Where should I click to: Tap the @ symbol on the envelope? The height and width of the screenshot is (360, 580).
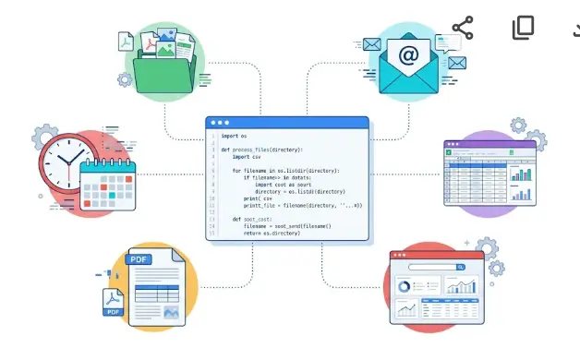click(x=407, y=56)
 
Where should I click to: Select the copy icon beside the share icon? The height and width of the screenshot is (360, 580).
click(x=524, y=28)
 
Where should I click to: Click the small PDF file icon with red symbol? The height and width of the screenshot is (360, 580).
click(x=115, y=302)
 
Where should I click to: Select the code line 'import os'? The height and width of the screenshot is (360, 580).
click(x=234, y=137)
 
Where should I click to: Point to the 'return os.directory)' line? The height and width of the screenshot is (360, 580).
click(x=272, y=234)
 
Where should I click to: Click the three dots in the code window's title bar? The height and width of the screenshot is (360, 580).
click(x=220, y=122)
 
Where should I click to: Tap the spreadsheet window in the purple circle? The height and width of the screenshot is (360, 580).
click(x=489, y=173)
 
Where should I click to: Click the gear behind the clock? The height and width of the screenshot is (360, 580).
click(x=45, y=138)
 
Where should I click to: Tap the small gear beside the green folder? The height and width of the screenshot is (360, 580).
click(x=125, y=79)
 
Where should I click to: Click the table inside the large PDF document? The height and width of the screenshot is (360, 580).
click(x=157, y=296)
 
